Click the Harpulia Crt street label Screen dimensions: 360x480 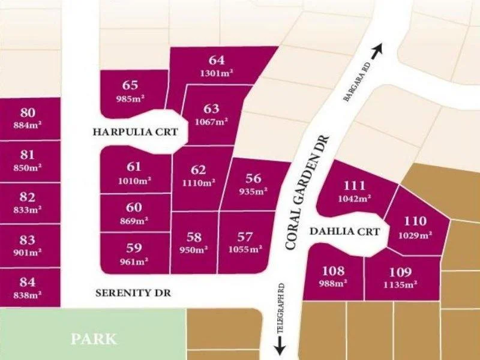[135, 131]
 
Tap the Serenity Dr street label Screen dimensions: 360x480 [134, 293]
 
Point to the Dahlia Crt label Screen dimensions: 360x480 [344, 231]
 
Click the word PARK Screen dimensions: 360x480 [94, 339]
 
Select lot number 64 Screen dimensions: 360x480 [217, 60]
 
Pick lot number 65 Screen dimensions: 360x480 [130, 86]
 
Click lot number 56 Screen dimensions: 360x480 [253, 178]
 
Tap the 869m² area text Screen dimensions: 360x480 [134, 220]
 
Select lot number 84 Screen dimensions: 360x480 [28, 282]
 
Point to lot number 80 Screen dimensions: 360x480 [28, 113]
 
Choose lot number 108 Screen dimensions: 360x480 [333, 270]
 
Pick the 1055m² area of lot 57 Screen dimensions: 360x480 [245, 249]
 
